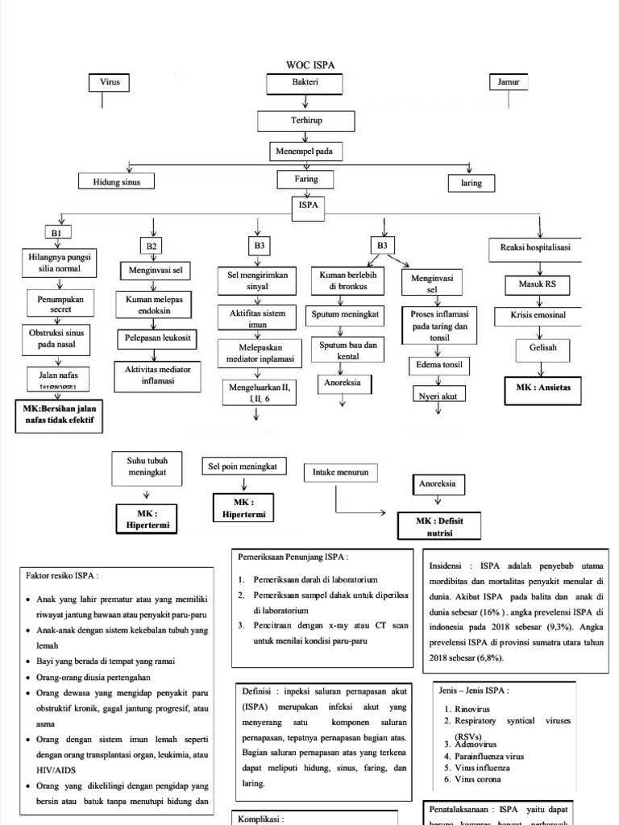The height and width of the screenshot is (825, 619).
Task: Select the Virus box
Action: point(109,83)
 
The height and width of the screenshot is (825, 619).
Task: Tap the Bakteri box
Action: point(305,83)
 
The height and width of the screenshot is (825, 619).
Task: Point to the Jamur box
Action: point(508,83)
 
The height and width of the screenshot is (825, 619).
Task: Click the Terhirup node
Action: point(305,121)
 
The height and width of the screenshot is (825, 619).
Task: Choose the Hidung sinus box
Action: point(116,182)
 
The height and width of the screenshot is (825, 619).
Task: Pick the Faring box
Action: point(306,179)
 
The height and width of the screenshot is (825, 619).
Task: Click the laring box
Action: point(471,183)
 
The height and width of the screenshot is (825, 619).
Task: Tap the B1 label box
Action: point(56,234)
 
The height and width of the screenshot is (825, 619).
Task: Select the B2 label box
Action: point(152,246)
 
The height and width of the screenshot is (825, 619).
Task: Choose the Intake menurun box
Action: point(340,473)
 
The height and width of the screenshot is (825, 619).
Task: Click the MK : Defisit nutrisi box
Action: point(439,527)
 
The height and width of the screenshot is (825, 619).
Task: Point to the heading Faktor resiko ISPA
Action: point(63,575)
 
